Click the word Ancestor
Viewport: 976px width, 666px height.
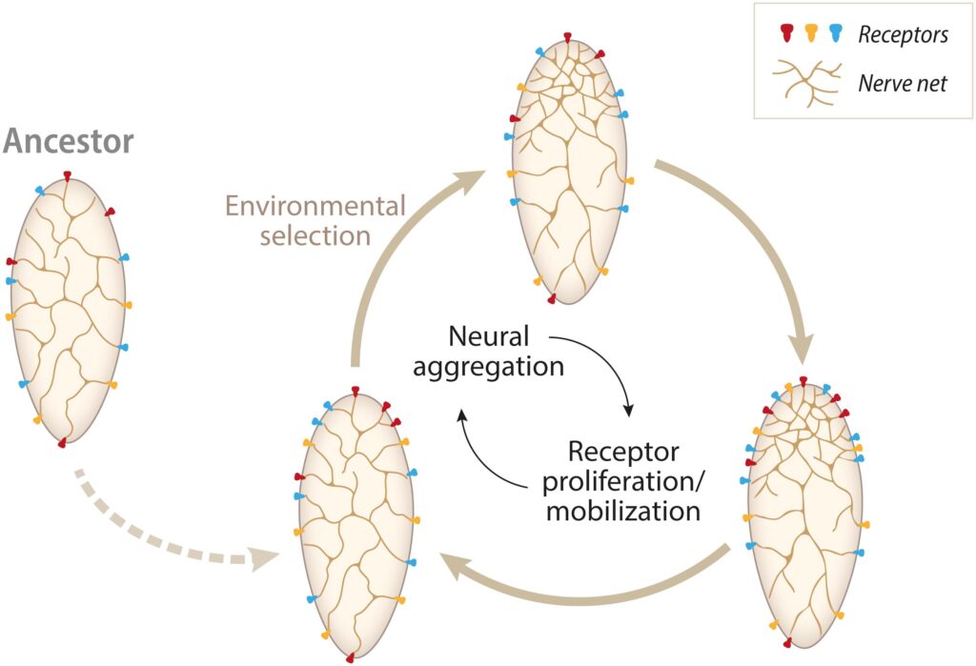(69, 143)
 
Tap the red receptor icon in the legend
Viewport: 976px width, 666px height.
(787, 34)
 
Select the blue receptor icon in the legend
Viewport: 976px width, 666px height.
(836, 34)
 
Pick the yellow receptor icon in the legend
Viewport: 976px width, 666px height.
(811, 34)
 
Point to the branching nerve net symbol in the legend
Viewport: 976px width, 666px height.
(806, 83)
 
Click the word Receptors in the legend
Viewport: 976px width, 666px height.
(902, 35)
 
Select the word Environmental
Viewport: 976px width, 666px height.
(315, 206)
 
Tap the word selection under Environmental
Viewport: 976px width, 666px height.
(315, 234)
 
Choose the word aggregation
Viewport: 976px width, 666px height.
(488, 365)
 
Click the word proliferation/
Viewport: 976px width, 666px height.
(620, 480)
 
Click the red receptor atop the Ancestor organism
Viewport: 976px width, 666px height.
(68, 175)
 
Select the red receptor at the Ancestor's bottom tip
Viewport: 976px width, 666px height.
(62, 443)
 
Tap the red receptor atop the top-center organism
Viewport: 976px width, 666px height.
(567, 37)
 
